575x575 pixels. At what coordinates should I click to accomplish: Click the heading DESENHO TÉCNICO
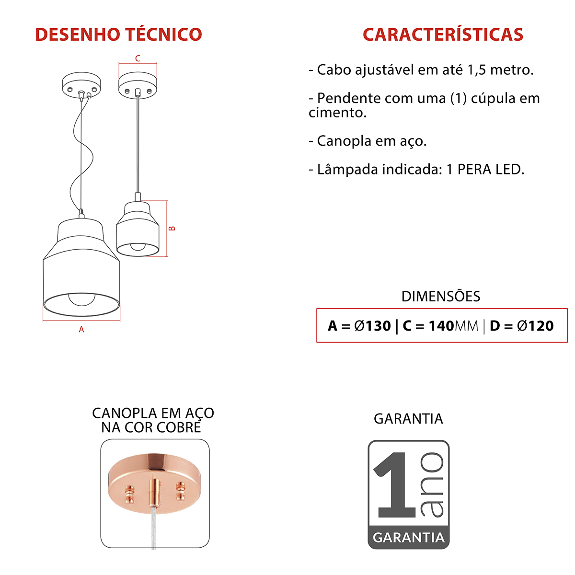click(118, 34)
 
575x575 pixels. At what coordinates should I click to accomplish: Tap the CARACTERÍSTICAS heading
click(442, 34)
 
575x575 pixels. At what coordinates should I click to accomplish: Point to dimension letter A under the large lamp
click(81, 330)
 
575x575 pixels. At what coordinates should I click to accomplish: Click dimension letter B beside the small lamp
click(172, 229)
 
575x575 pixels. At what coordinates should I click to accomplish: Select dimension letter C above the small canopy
click(138, 58)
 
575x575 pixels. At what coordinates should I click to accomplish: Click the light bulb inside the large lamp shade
click(81, 299)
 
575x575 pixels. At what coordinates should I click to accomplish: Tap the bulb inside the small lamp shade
click(138, 247)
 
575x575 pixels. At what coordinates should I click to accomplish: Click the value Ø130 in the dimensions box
click(372, 326)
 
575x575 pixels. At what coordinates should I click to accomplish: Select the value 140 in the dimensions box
click(441, 326)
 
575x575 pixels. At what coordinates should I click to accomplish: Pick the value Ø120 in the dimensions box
click(535, 326)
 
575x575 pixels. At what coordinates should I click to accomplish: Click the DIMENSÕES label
click(440, 296)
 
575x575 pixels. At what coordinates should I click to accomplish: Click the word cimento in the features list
click(337, 113)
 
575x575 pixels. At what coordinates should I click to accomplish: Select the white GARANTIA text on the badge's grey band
click(408, 537)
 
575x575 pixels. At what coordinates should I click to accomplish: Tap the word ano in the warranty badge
click(432, 484)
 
